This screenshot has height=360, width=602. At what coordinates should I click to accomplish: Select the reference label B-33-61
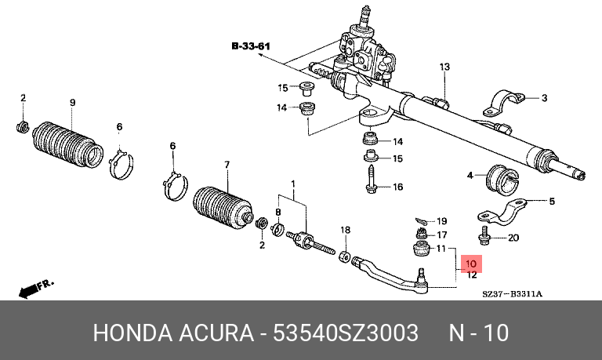click(x=250, y=47)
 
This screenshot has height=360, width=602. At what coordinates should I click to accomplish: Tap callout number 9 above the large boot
click(x=72, y=103)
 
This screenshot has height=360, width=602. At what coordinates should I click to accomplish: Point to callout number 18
click(x=343, y=229)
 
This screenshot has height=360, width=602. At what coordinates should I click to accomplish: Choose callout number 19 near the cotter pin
click(x=441, y=221)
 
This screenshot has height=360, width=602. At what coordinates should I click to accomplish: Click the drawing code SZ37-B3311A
click(x=513, y=294)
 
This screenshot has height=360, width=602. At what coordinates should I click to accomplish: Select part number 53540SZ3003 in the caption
click(x=344, y=333)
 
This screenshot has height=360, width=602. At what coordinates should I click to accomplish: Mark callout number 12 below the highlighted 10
click(x=472, y=275)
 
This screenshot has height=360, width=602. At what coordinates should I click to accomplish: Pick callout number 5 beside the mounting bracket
click(x=551, y=202)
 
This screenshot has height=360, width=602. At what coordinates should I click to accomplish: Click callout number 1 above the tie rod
click(x=294, y=185)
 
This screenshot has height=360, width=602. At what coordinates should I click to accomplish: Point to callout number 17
click(x=441, y=235)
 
